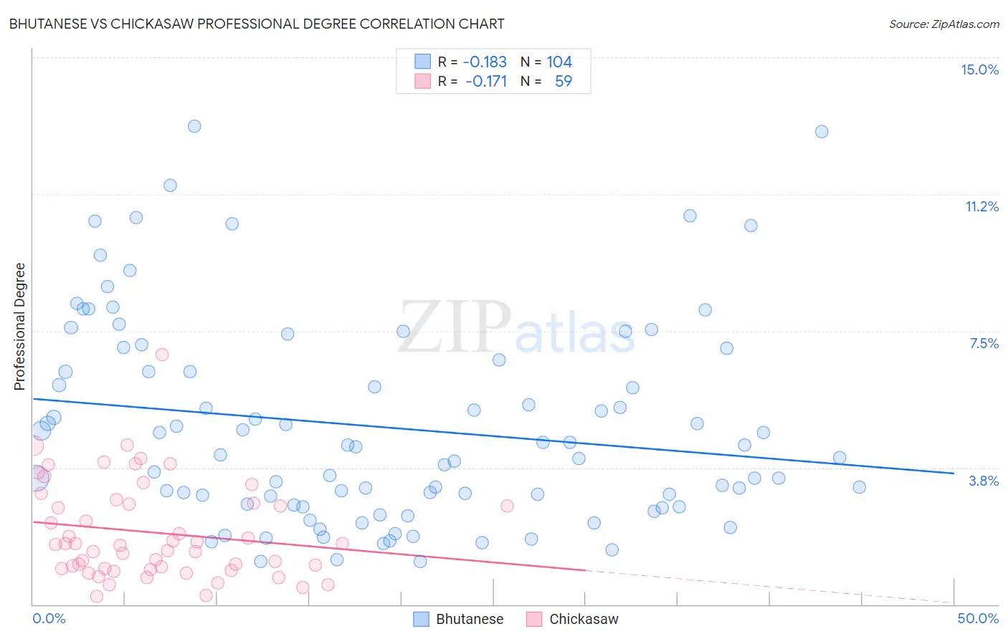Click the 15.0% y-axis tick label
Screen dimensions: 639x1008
979,69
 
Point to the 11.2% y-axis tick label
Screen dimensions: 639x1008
981,206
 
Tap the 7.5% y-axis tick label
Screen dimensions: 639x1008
984,343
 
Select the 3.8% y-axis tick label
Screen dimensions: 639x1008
984,481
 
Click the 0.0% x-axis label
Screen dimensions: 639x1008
49,618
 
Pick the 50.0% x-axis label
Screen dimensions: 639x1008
978,618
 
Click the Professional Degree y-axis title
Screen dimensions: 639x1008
19,327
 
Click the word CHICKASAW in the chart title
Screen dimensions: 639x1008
138,24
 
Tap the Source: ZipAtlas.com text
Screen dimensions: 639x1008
943,24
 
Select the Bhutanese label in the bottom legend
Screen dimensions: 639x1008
470,619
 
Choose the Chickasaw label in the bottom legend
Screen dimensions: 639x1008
584,619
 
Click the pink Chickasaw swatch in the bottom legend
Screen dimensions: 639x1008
534,619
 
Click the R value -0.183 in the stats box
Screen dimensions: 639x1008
485,62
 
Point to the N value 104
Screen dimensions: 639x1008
559,62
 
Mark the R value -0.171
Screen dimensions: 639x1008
486,81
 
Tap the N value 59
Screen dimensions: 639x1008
564,81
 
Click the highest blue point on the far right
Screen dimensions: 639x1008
822,132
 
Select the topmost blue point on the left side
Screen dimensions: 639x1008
194,126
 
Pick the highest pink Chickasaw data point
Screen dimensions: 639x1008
162,355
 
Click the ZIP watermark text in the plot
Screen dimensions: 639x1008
455,327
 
